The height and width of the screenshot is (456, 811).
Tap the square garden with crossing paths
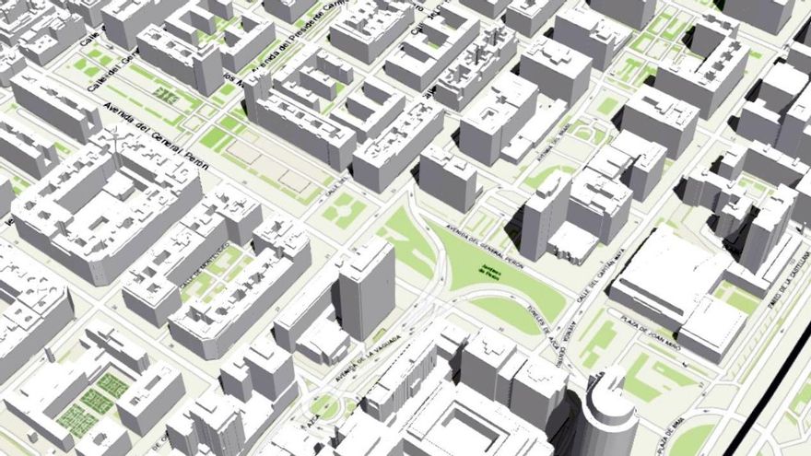(x=340, y=210)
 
